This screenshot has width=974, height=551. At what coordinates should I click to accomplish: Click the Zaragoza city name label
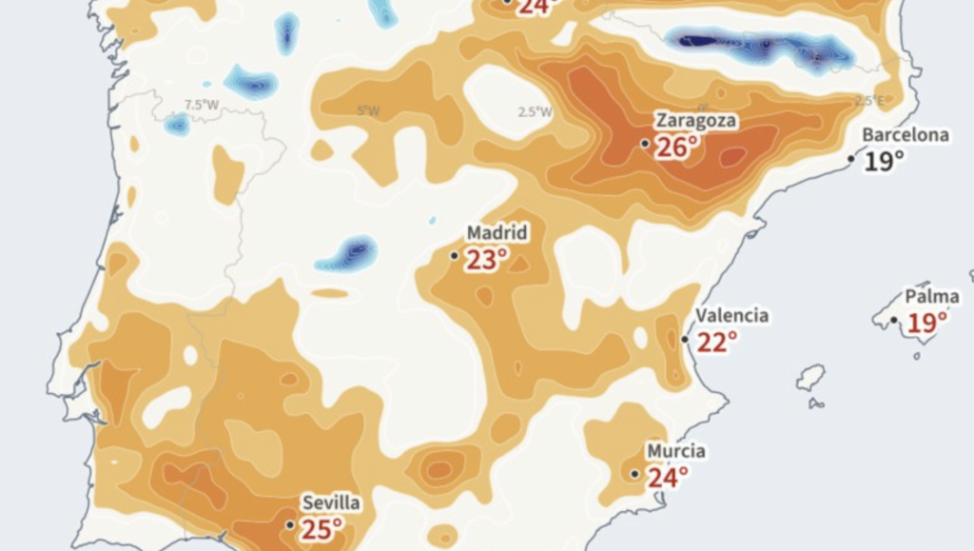tap(694, 121)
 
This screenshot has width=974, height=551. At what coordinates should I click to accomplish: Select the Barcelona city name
tap(906, 135)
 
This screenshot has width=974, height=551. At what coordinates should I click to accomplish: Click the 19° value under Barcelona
tap(884, 161)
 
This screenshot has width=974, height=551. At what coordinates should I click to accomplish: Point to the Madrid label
tap(497, 233)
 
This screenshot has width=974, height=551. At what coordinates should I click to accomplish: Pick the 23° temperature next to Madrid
tap(486, 259)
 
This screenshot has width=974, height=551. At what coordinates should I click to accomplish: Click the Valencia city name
tap(731, 315)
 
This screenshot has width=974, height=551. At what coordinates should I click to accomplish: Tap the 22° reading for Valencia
tap(716, 342)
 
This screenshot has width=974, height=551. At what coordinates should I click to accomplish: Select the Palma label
tap(931, 297)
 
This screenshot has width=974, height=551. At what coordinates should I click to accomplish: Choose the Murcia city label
tap(675, 450)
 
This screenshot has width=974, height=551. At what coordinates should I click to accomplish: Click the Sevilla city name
tap(331, 502)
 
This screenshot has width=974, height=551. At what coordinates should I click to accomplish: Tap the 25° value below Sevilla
tap(321, 528)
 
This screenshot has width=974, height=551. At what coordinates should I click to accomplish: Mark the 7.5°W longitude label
tap(202, 105)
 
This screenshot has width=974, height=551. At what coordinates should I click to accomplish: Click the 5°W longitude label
tap(368, 110)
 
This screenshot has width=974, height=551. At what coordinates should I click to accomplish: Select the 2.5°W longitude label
tap(535, 111)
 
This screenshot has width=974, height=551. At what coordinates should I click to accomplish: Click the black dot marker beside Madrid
tap(454, 255)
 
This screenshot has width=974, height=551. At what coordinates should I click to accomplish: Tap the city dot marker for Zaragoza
tap(645, 144)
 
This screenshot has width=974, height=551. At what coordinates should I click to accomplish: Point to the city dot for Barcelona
tap(852, 158)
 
